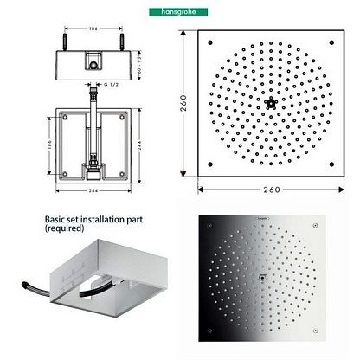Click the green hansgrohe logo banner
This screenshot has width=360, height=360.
[x=178, y=12]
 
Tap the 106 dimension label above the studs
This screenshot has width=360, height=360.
[x=93, y=29]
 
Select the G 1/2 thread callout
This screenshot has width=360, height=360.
[x=111, y=85]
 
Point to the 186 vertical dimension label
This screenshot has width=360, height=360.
[x=49, y=145]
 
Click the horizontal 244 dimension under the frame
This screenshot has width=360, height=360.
[x=93, y=190]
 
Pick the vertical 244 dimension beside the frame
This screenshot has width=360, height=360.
[x=139, y=146]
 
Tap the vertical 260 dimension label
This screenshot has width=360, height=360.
[x=183, y=103]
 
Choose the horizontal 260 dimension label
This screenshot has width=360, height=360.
[x=272, y=190]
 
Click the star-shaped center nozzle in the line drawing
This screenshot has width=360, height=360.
[x=271, y=103]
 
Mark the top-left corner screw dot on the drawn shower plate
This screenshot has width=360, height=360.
[x=210, y=42]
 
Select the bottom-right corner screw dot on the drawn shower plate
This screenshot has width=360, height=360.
[x=331, y=164]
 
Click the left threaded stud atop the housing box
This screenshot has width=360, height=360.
[x=65, y=42]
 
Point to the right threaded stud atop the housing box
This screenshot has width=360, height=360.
[x=122, y=42]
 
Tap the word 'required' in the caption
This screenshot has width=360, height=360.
[x=65, y=228]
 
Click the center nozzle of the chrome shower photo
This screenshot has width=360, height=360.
[x=262, y=278]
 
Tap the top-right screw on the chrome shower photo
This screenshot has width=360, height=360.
[x=315, y=226]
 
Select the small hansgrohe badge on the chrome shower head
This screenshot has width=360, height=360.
[x=262, y=218]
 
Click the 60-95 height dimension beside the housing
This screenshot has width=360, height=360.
[x=139, y=66]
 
